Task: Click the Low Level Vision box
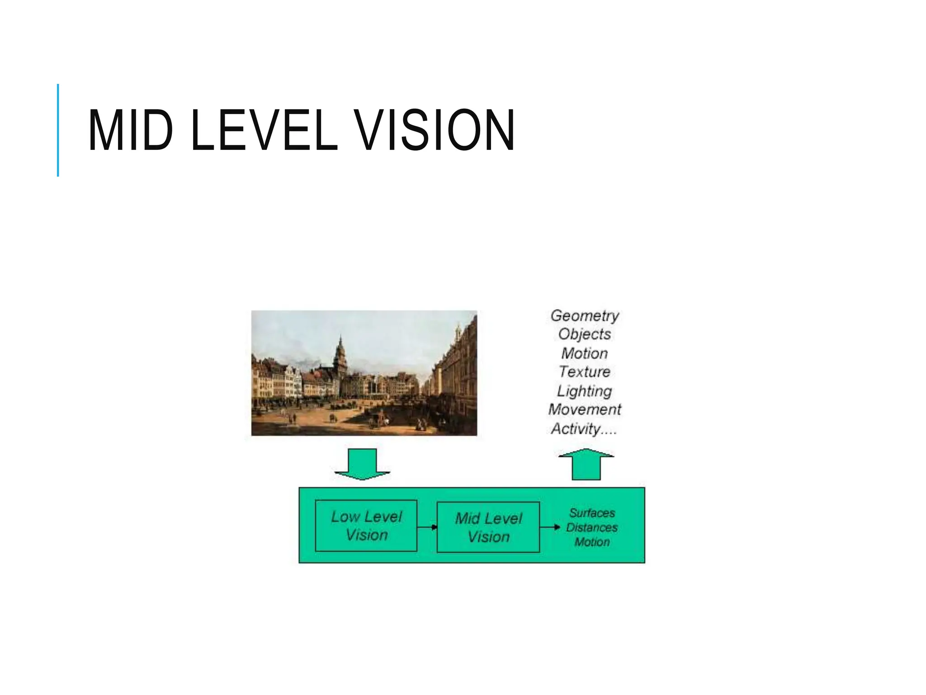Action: click(366, 525)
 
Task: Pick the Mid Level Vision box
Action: click(488, 527)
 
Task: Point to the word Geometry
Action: click(585, 315)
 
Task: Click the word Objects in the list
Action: click(585, 334)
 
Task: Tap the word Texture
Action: click(585, 371)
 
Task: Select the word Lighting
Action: click(584, 391)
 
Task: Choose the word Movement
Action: click(585, 409)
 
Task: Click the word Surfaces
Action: click(592, 513)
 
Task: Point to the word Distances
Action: click(592, 528)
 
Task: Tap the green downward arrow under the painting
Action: click(362, 464)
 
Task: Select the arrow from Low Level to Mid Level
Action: click(427, 527)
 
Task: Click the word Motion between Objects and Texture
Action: click(585, 353)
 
